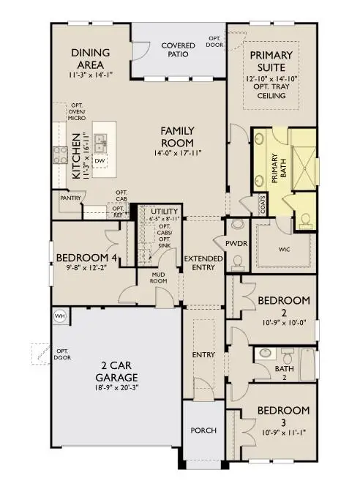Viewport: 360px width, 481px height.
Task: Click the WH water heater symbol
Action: click(59, 316)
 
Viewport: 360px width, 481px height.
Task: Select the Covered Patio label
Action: click(178, 50)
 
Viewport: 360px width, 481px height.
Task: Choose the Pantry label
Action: click(70, 198)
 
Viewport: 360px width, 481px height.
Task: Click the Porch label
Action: click(203, 430)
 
